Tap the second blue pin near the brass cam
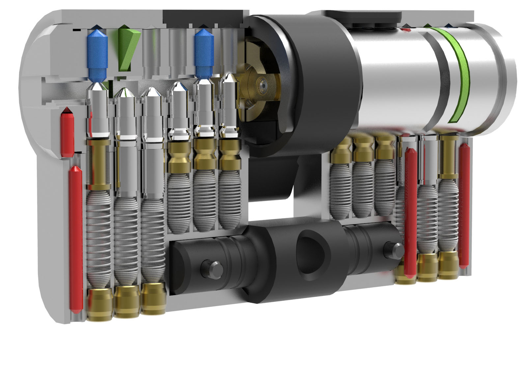pos(204,53)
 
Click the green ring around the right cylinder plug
pos(461,76)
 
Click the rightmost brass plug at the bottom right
pos(448,265)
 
